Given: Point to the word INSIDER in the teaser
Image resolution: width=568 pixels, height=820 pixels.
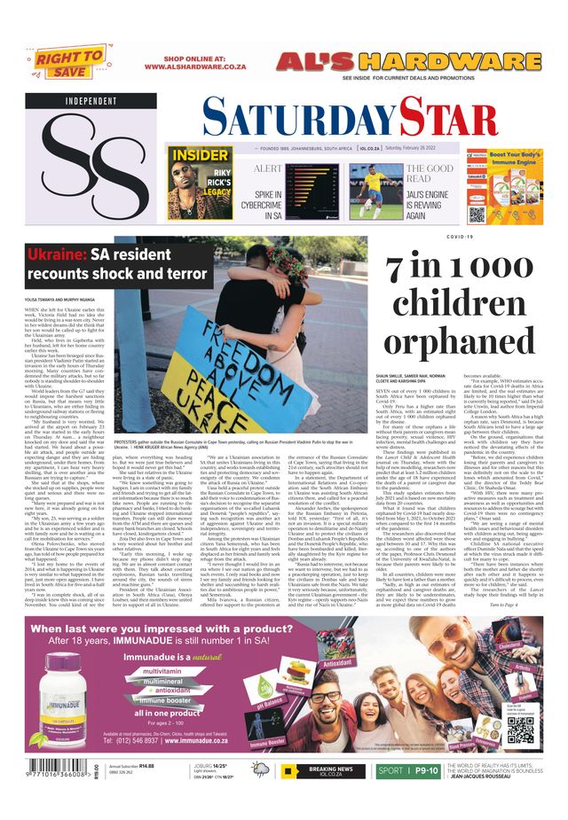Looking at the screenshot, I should tap(199, 156).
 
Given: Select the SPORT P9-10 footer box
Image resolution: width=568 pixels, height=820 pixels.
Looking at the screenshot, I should tap(407, 771).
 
